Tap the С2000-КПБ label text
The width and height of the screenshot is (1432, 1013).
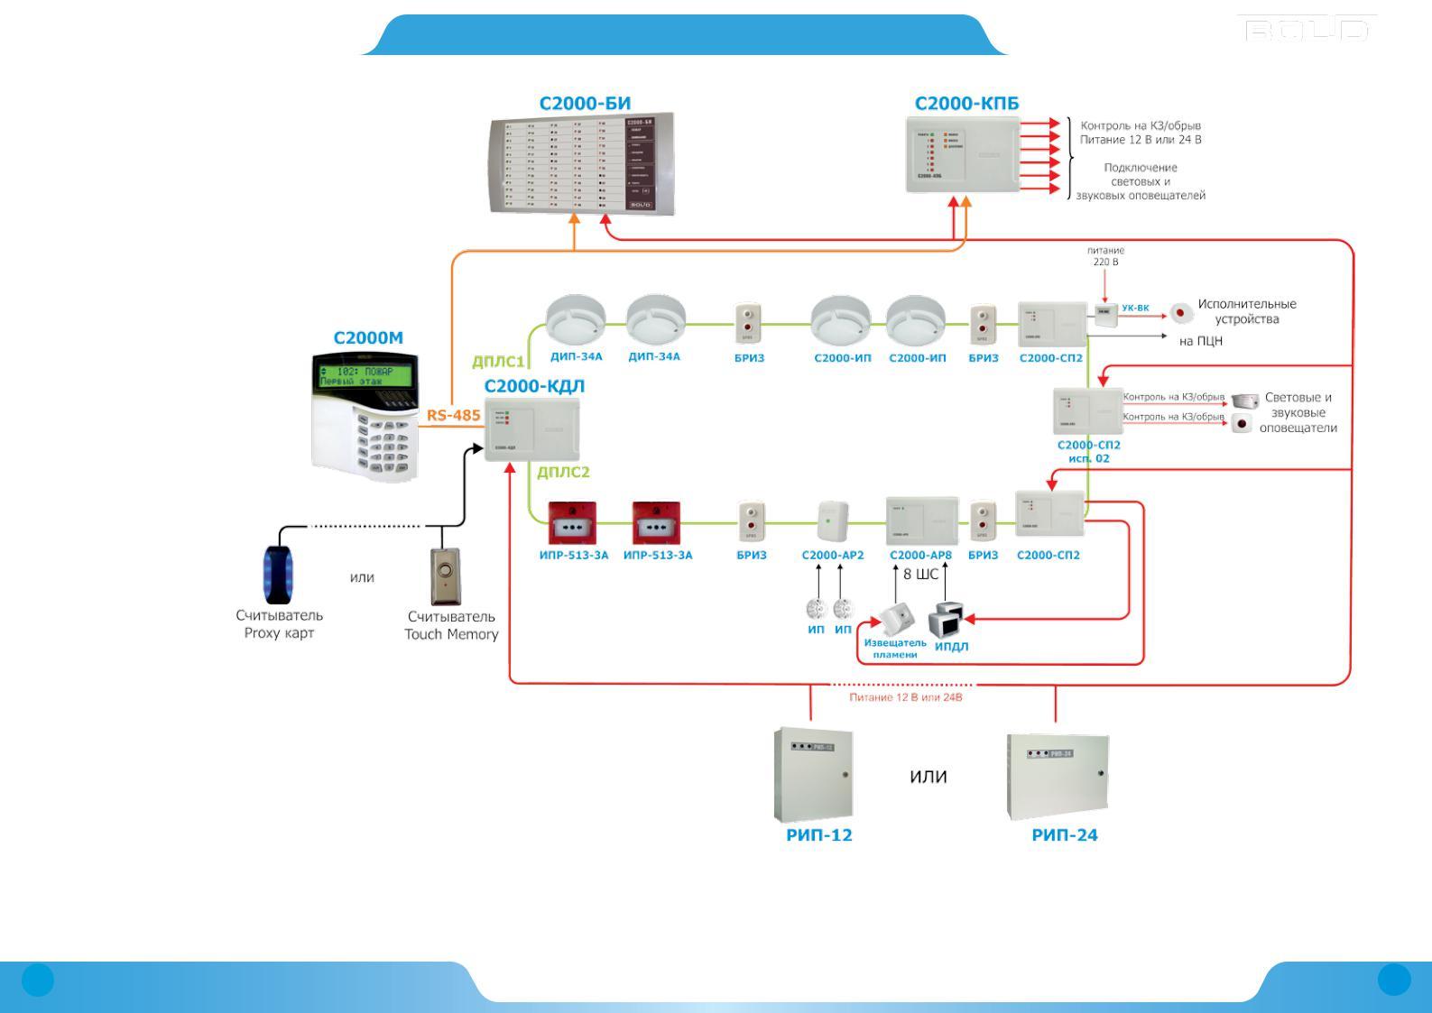(x=966, y=104)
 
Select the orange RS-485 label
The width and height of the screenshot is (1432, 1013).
(x=453, y=416)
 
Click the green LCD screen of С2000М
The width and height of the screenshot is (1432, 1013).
(x=365, y=375)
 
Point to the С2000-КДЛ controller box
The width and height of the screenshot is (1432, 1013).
(x=531, y=429)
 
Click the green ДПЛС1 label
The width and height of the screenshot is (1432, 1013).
(x=498, y=362)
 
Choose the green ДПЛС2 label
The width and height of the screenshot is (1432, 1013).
(x=563, y=472)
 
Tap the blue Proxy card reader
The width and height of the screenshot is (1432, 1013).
(x=278, y=574)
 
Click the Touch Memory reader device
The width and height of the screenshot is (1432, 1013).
(x=447, y=576)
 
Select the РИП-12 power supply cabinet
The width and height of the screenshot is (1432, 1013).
(x=813, y=774)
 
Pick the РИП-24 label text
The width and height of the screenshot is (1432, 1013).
(x=1065, y=835)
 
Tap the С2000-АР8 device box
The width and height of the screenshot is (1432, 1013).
(x=921, y=520)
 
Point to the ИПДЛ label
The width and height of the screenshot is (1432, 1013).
(x=951, y=647)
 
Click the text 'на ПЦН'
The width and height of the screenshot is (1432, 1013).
(x=1201, y=342)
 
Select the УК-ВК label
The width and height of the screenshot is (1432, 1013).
(x=1135, y=309)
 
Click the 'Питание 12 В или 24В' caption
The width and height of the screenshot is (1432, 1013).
(x=906, y=697)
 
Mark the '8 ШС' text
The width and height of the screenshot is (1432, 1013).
(x=920, y=574)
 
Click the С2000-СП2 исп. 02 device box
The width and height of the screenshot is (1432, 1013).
(x=1087, y=410)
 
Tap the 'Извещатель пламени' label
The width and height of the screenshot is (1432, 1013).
(x=895, y=649)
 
